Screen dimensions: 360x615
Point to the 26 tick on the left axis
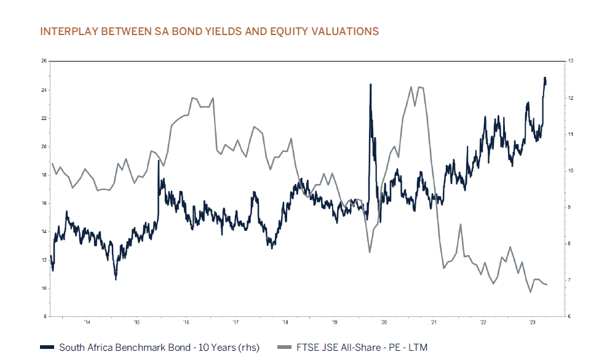(x=44, y=61)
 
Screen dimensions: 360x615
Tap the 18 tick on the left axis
(x=44, y=175)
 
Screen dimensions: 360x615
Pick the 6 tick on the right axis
(x=570, y=317)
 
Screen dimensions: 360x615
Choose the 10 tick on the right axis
(x=571, y=170)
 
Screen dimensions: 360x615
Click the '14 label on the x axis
(x=87, y=322)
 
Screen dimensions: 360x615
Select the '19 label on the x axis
(x=334, y=322)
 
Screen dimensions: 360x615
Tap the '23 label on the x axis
(x=532, y=322)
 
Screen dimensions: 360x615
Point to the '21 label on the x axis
(x=433, y=322)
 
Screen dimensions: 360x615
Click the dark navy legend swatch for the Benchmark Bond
(x=47, y=348)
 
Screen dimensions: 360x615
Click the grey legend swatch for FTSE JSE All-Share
(x=286, y=348)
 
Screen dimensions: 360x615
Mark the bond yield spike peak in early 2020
(x=370, y=84)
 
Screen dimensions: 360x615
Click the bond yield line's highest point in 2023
(x=544, y=78)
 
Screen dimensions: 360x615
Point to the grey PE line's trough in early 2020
(x=369, y=252)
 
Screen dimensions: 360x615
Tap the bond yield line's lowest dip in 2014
(x=116, y=279)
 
